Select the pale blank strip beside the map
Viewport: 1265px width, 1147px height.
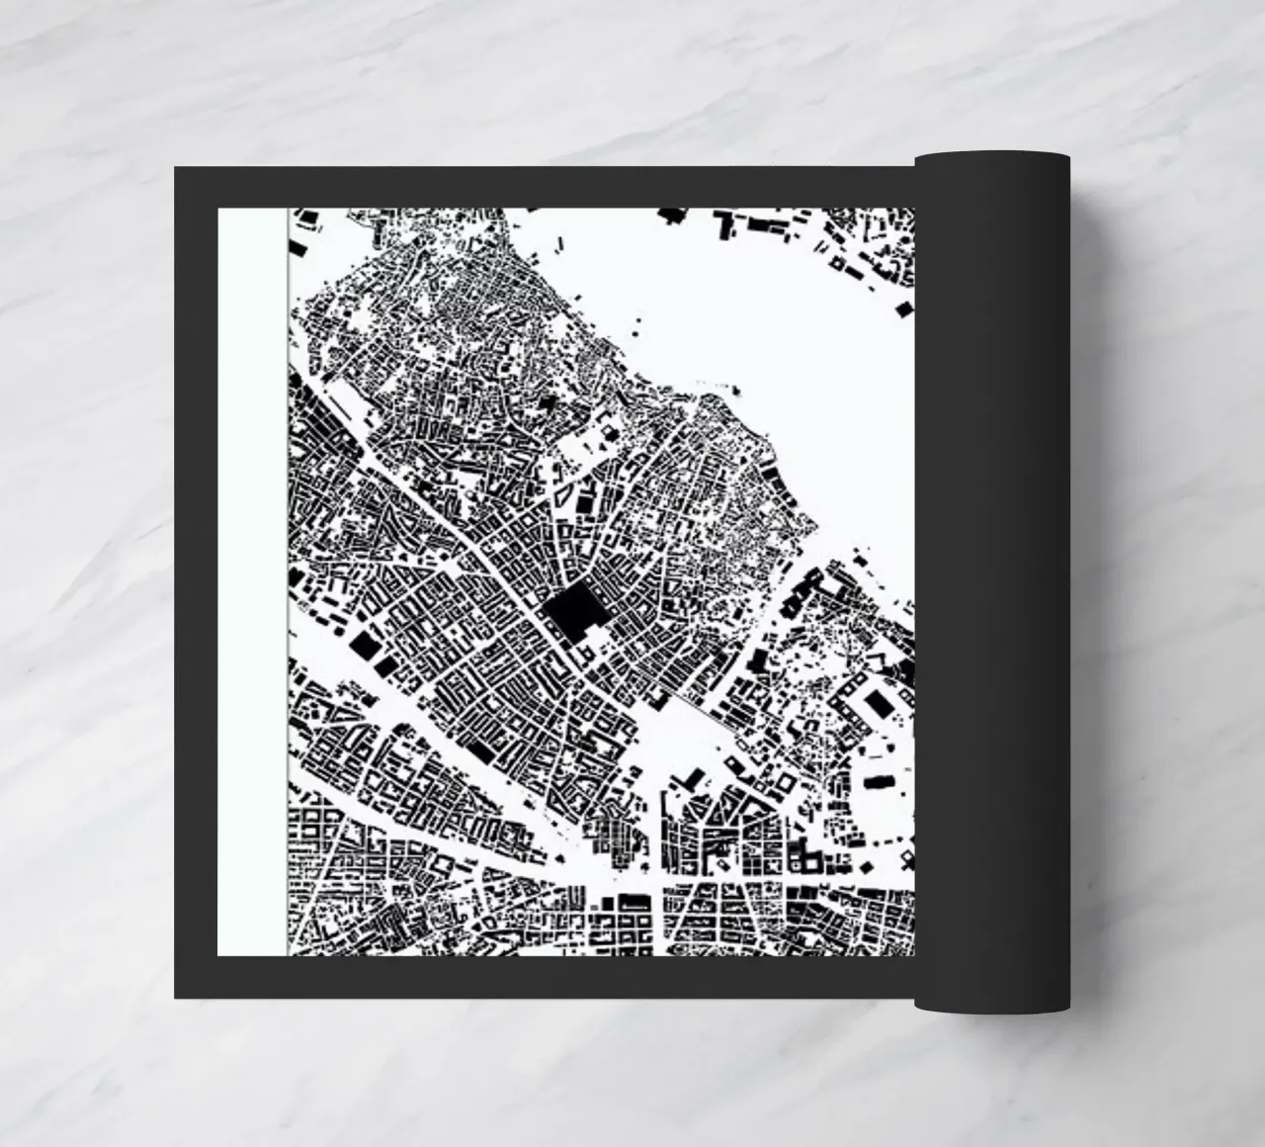(252, 583)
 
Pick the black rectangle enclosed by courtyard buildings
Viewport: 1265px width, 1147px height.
(876, 703)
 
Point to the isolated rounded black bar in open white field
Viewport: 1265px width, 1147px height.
(877, 782)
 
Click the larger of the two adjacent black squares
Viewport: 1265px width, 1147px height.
(365, 645)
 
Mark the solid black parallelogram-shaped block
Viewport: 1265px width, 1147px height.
(480, 750)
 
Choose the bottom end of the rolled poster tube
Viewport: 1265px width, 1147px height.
(992, 1007)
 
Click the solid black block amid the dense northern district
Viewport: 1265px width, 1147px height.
(549, 403)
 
